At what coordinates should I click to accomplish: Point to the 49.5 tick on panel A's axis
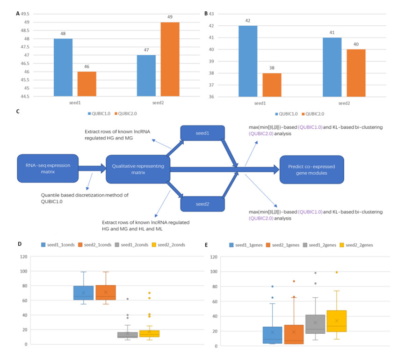[26, 14]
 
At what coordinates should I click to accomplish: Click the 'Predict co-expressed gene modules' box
[311, 169]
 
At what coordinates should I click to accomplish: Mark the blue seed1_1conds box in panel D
[83, 293]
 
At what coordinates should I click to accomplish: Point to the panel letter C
[18, 111]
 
